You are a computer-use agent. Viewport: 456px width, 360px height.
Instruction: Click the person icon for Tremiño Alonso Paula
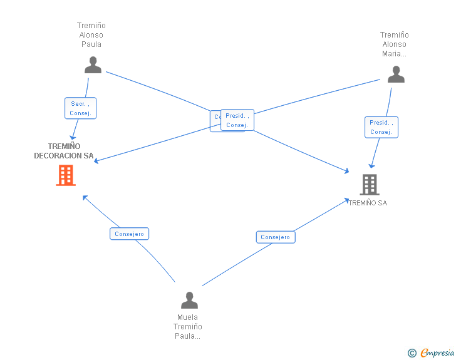[x=93, y=64]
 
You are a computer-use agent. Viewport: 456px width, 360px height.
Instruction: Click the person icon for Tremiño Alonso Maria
[x=396, y=74]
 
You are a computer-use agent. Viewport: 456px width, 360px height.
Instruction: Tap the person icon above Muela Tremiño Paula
[x=189, y=301]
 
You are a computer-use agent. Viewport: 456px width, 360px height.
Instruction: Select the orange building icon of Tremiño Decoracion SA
[x=66, y=175]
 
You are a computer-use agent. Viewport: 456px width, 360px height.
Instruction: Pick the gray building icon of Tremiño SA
[x=370, y=184]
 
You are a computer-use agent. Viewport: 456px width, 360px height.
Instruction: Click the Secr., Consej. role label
[x=80, y=108]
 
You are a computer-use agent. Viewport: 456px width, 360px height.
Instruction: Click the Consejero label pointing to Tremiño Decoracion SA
[x=130, y=234]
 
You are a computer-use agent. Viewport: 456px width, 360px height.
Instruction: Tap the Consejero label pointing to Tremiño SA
[x=275, y=237]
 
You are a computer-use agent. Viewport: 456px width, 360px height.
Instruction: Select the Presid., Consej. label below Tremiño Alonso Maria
[x=381, y=127]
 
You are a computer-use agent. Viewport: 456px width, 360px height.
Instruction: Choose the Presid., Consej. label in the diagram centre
[x=237, y=120]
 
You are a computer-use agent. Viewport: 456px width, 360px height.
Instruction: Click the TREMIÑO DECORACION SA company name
[x=64, y=151]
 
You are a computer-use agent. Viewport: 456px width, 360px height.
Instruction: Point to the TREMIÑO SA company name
[x=368, y=203]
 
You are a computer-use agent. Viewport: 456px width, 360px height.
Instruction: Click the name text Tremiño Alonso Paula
[x=91, y=35]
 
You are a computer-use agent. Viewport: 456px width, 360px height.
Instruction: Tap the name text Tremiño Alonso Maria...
[x=394, y=44]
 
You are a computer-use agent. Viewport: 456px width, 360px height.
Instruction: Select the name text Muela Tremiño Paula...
[x=188, y=327]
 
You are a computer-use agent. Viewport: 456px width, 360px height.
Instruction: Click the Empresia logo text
[x=437, y=352]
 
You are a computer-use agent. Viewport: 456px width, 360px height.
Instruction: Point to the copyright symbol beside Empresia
[x=412, y=353]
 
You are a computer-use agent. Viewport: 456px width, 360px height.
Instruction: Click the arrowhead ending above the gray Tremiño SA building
[x=371, y=166]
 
